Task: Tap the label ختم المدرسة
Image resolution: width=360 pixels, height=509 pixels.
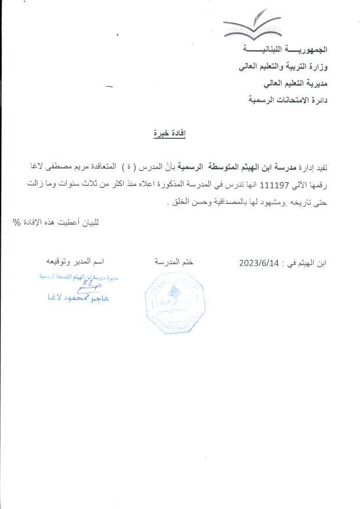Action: click(x=174, y=263)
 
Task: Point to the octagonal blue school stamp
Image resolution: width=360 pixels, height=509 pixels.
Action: click(x=174, y=302)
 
